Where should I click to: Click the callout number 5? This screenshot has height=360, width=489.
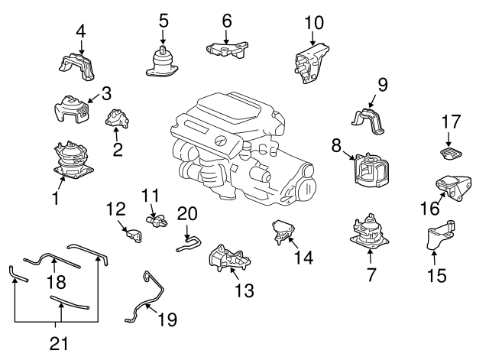click(164, 21)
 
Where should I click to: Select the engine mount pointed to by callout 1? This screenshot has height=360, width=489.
click(73, 161)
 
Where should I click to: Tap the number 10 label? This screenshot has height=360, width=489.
click(314, 22)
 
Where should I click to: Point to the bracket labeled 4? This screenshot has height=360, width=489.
click(76, 66)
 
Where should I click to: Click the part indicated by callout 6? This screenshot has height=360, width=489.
click(227, 50)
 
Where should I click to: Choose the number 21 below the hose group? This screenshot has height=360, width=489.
click(59, 343)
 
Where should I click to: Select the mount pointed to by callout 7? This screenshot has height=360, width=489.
click(370, 232)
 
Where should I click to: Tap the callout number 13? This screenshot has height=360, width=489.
click(244, 290)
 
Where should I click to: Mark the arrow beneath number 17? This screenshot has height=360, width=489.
click(449, 139)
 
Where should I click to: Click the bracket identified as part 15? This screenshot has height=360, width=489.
click(440, 235)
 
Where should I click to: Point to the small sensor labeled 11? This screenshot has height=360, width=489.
click(157, 220)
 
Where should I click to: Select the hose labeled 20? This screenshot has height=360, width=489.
click(189, 244)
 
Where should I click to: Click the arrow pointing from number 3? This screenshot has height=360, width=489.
click(94, 98)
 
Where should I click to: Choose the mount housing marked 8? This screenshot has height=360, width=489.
click(371, 171)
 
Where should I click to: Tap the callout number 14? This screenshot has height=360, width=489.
click(303, 258)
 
